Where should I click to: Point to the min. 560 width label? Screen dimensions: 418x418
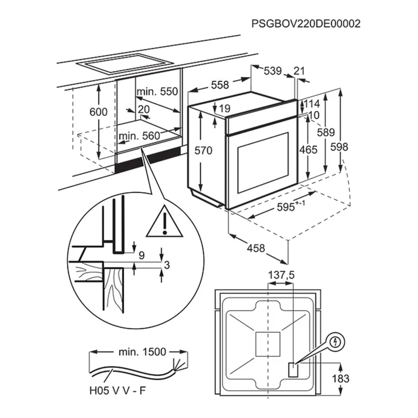tap(139, 136)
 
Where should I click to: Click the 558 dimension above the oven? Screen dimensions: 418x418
tap(220, 85)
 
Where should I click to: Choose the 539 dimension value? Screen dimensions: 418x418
tap(272, 71)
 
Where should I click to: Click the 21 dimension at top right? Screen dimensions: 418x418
tap(299, 71)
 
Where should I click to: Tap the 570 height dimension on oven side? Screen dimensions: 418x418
tap(203, 151)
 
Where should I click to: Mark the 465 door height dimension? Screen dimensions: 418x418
tap(308, 150)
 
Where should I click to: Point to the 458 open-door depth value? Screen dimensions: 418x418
tap(257, 248)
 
